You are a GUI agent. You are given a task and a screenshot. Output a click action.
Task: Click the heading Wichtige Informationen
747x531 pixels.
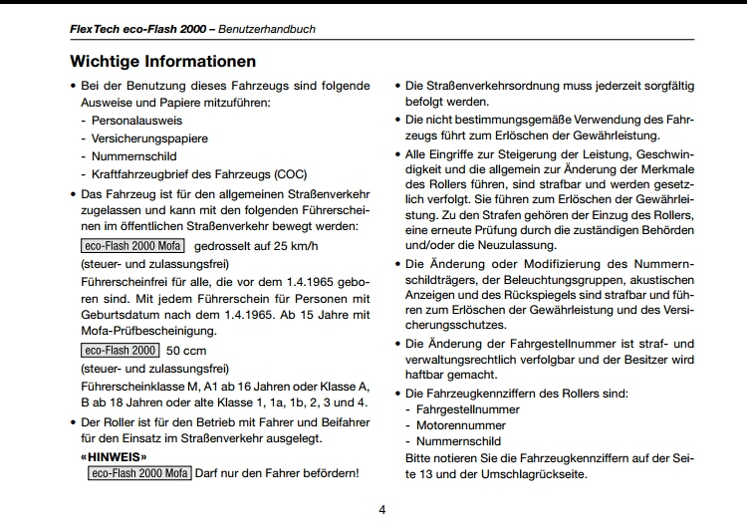click(x=162, y=62)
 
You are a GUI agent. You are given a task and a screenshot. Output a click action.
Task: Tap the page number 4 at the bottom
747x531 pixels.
click(x=382, y=510)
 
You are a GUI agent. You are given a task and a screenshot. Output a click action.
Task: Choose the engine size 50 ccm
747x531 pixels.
click(x=185, y=351)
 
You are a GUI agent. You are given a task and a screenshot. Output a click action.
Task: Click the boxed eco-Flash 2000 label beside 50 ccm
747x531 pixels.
click(x=120, y=351)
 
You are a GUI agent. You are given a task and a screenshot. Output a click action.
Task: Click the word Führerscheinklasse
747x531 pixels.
click(x=134, y=387)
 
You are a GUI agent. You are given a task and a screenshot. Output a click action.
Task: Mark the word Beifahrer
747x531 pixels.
click(x=341, y=421)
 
